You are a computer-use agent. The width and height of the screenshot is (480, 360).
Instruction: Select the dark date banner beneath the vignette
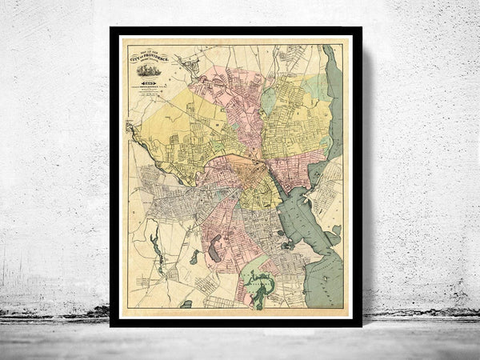tap(148, 83)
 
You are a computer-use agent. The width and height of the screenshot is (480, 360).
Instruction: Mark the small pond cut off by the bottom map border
tap(186, 305)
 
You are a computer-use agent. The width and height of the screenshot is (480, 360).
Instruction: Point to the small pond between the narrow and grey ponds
tap(194, 257)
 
